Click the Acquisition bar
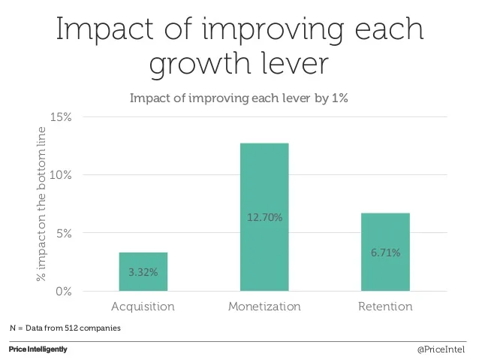(x=143, y=271)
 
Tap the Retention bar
(x=385, y=252)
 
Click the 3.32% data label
(x=143, y=272)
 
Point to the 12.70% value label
(x=264, y=218)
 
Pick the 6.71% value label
(x=385, y=253)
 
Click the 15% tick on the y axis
(x=61, y=117)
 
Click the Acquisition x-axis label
(x=143, y=307)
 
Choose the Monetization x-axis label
(x=264, y=307)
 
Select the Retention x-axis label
(x=385, y=307)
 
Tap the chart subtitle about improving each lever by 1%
(x=239, y=98)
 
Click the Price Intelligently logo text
(x=38, y=349)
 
